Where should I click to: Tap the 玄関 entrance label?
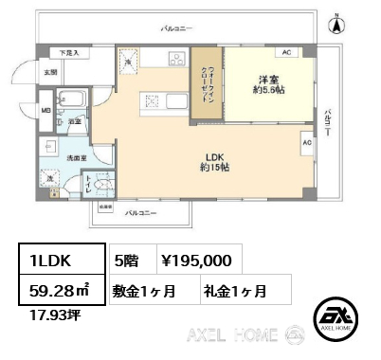[x=50, y=72]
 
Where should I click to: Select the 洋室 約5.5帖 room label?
[x=268, y=83]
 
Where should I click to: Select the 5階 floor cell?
[x=127, y=258]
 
